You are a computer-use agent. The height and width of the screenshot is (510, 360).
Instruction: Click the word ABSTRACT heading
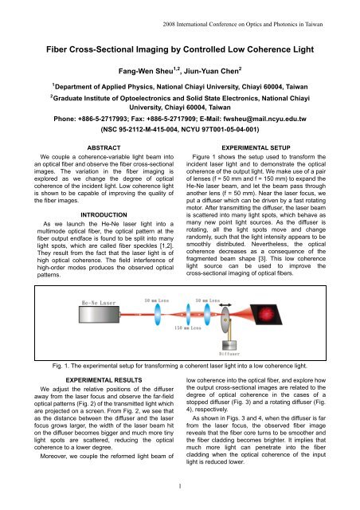(97, 171)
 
